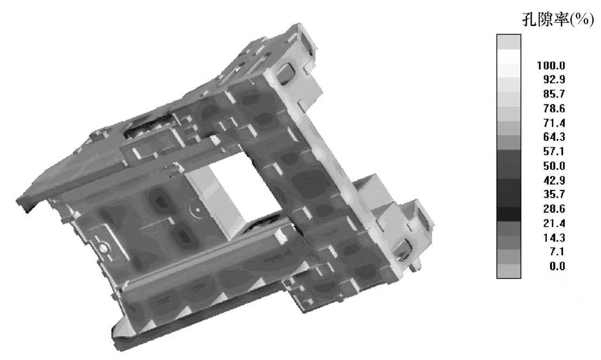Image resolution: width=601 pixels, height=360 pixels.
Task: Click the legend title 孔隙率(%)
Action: [558, 19]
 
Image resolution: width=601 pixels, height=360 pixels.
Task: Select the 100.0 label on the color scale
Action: [551, 66]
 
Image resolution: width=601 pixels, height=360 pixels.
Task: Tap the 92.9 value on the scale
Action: [554, 80]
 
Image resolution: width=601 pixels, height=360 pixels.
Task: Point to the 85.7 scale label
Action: [554, 94]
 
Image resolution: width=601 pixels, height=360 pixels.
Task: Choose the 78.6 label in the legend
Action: [554, 108]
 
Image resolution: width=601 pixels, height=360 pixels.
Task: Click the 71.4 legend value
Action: [554, 123]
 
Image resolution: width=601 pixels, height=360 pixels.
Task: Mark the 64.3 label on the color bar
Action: [554, 137]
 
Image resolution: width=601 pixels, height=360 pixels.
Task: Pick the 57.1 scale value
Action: [554, 152]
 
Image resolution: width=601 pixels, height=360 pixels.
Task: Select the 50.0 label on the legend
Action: [554, 166]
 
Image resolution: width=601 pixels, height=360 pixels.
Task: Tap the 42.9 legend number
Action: [554, 180]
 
